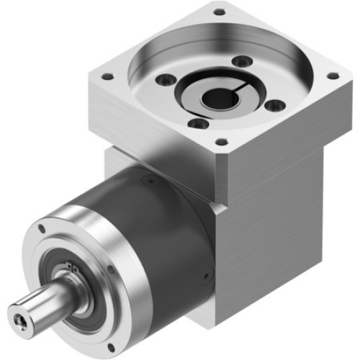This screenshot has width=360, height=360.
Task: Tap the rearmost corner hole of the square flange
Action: [x=220, y=12]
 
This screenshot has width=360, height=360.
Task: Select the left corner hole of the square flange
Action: [x=107, y=76]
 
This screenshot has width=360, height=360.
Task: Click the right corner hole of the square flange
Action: [x=332, y=75]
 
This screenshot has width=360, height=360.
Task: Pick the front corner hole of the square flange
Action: [x=221, y=142]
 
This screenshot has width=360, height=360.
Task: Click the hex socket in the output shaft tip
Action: [x=19, y=315]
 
